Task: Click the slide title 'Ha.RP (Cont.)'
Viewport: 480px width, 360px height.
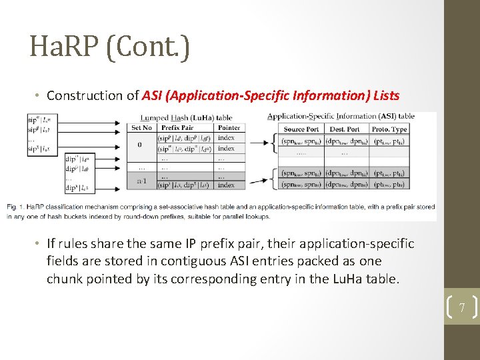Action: (x=110, y=47)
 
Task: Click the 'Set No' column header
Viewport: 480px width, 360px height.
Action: (x=141, y=128)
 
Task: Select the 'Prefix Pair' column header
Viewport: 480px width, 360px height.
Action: (x=177, y=128)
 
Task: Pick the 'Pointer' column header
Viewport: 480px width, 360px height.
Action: (x=229, y=128)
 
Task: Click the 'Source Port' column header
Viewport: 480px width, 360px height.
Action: (x=301, y=129)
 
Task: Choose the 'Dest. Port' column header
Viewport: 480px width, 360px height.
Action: (x=345, y=129)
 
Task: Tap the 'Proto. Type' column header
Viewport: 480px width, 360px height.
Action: (x=390, y=129)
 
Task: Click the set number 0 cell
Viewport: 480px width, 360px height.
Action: (x=139, y=144)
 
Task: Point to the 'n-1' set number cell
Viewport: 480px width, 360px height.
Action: (x=141, y=180)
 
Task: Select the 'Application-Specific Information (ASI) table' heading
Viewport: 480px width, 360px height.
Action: (x=340, y=116)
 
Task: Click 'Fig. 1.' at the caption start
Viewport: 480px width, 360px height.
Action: (x=17, y=207)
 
